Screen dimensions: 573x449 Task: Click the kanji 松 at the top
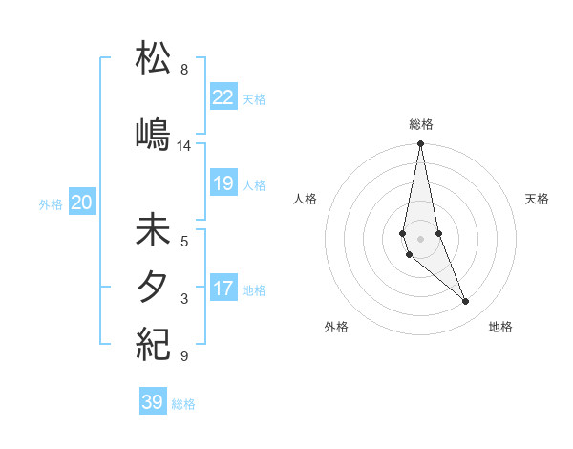click(x=153, y=58)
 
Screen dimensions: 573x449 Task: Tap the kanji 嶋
click(x=153, y=133)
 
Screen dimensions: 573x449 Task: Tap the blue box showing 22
click(x=223, y=96)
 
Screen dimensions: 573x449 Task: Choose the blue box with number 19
click(x=223, y=183)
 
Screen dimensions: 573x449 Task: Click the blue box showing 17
click(x=223, y=289)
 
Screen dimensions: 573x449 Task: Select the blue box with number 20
click(x=82, y=203)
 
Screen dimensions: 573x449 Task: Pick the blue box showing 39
click(x=153, y=402)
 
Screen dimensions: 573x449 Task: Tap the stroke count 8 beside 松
click(x=183, y=70)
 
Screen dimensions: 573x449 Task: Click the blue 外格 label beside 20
click(x=51, y=203)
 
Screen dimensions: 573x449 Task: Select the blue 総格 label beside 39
click(x=183, y=404)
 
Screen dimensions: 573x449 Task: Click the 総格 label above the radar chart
click(x=420, y=124)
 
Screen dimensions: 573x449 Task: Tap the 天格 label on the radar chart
click(x=538, y=199)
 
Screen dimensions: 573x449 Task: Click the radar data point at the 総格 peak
click(x=420, y=143)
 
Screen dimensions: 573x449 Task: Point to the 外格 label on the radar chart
click(x=336, y=327)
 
